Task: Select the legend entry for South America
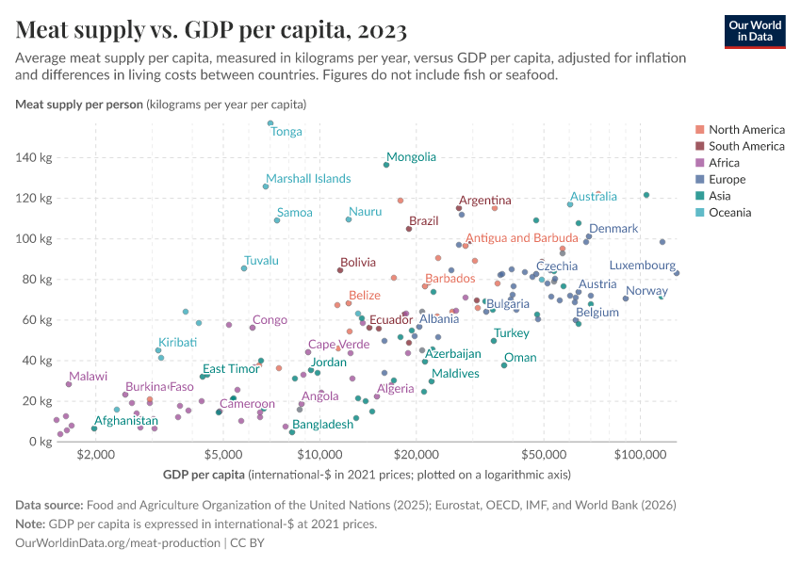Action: tap(745, 146)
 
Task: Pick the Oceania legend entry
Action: tap(729, 213)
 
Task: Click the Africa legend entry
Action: tap(725, 163)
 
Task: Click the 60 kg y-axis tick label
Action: tap(35, 320)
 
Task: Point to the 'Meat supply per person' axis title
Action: tap(79, 104)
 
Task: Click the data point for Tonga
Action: tap(270, 122)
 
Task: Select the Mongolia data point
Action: tap(386, 165)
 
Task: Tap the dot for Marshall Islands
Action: tap(266, 186)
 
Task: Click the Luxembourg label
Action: tap(643, 266)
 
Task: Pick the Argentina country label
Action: tap(485, 201)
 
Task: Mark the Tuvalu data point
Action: tap(244, 268)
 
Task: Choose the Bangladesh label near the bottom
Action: tap(322, 425)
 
